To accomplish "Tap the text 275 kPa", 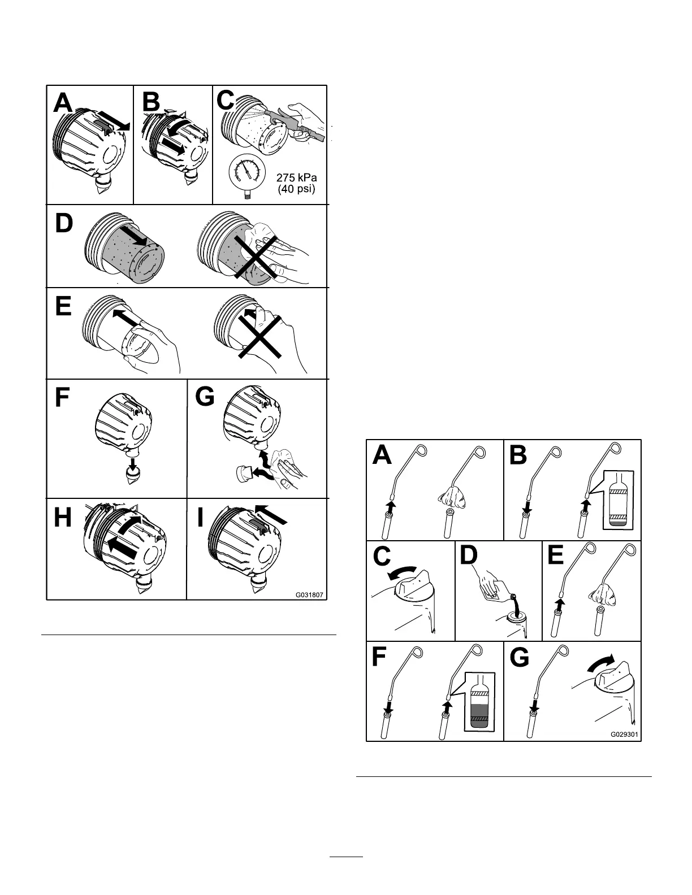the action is coord(296,177).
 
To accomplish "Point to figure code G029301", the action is coord(624,735).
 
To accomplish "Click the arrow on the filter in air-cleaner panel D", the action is coord(136,234).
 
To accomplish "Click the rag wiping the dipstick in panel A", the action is coord(452,495).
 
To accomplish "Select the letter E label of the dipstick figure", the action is coord(556,556).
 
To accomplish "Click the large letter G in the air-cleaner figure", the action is coord(205,397).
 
